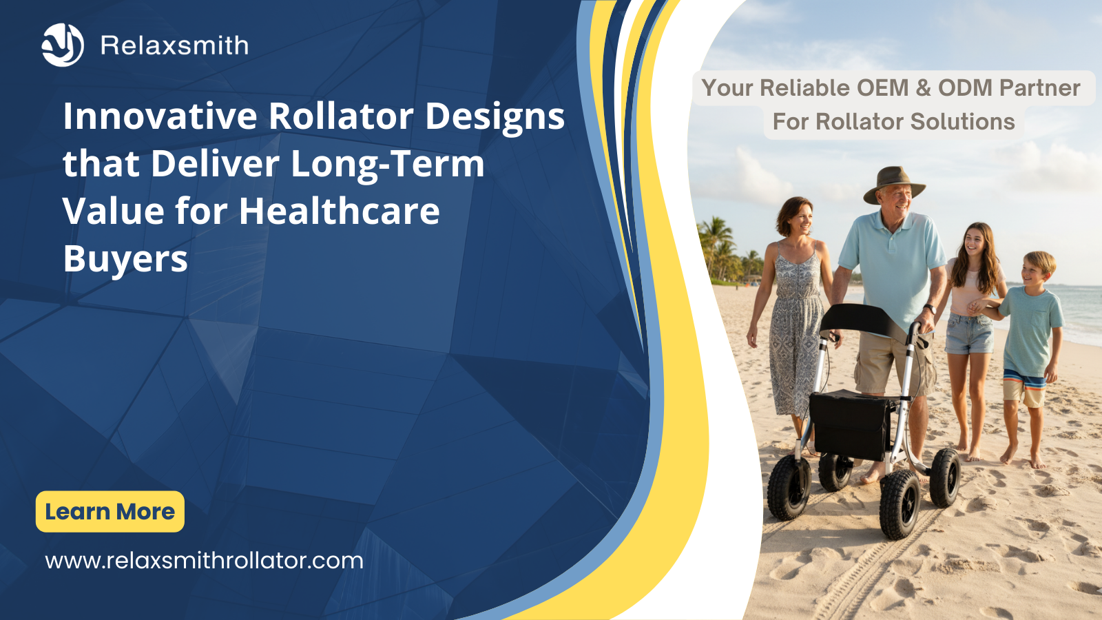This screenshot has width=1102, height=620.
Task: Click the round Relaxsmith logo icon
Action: coord(63,45)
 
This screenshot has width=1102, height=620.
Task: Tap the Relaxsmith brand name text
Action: coord(175,45)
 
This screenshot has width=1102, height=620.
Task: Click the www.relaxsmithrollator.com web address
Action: coord(204,561)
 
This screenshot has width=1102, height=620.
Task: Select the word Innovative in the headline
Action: coord(160,116)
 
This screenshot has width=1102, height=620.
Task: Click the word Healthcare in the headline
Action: coord(340,211)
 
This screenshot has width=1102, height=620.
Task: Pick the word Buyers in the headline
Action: coord(125,260)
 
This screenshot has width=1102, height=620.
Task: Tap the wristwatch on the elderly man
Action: coord(929,309)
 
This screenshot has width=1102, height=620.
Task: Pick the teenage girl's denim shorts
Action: coord(969,333)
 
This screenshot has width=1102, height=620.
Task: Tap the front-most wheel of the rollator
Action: coord(900,504)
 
